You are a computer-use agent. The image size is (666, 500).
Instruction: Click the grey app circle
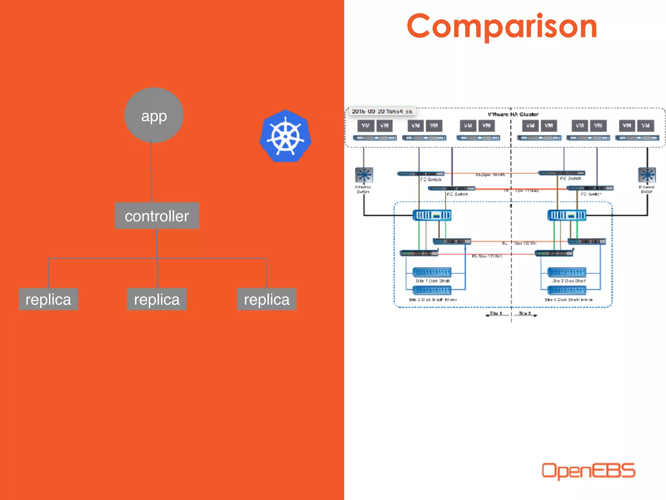154,115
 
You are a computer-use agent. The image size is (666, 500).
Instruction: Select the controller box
157,216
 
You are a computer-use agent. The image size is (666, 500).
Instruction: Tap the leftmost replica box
48,299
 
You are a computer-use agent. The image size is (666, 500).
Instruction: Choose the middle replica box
157,299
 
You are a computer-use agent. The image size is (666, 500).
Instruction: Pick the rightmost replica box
267,299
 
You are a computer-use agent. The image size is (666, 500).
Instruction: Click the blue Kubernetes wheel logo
286,136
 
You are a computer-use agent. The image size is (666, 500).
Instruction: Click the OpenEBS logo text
588,471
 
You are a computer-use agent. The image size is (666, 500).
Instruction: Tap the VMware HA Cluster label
513,114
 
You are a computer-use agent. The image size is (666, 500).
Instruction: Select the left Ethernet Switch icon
364,175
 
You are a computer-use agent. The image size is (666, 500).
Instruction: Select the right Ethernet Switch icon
647,175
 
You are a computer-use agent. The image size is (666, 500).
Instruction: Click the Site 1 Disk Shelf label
433,281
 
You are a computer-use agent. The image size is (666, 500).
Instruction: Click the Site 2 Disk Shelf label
568,281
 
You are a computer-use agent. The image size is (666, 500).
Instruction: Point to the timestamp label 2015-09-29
382,111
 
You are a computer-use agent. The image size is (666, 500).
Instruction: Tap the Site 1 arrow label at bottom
495,313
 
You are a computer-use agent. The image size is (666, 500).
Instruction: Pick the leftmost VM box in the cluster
366,126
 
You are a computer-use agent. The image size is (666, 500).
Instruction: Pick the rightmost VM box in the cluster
645,126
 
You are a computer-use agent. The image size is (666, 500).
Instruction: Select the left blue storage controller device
432,215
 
